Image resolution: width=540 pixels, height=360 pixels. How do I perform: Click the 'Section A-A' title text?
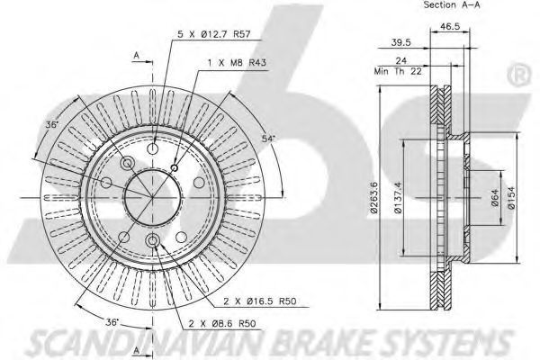(x=452, y=4)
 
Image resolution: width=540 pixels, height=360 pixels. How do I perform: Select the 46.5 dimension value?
(x=450, y=26)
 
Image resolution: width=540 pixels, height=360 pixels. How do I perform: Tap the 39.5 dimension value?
(x=401, y=42)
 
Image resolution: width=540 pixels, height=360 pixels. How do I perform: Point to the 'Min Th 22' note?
(x=398, y=71)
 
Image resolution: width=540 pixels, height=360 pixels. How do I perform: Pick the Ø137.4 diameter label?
(x=398, y=198)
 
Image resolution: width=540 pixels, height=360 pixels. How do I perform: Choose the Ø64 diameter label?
(x=495, y=198)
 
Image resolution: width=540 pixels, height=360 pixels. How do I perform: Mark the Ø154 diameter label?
(x=511, y=197)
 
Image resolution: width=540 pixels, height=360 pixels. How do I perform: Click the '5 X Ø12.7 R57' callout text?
(x=213, y=34)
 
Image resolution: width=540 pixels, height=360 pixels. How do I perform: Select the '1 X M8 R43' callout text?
(x=237, y=63)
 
